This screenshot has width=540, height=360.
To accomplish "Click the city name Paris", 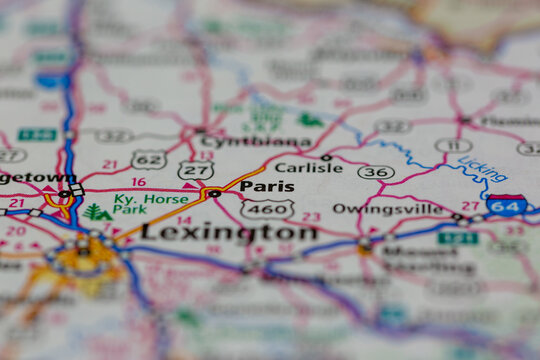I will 267,186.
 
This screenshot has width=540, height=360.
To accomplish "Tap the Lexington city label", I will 228,232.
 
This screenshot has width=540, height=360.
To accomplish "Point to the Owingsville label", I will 402,209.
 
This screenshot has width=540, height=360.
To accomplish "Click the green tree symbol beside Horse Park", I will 97,212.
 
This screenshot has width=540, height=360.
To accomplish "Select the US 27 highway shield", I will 195,170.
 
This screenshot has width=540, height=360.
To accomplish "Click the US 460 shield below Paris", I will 267,209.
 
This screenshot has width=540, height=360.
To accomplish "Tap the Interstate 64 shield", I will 507,207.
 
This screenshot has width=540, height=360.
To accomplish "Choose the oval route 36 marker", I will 376,172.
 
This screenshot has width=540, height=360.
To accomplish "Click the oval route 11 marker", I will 453,146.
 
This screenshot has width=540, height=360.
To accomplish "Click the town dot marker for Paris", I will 213,193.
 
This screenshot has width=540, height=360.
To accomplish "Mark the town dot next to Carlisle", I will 326,157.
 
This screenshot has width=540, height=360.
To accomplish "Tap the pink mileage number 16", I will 138,182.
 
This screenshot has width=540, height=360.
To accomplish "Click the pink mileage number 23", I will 311,216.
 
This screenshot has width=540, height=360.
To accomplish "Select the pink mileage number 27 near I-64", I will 470,205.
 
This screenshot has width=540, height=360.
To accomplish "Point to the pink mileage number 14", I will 184,220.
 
